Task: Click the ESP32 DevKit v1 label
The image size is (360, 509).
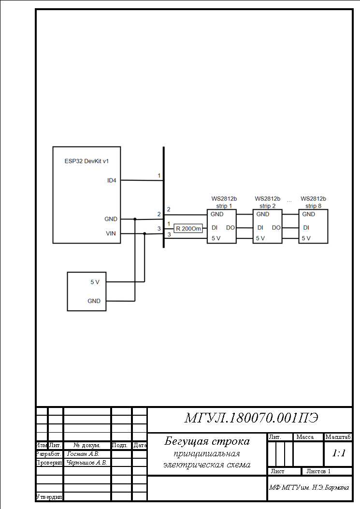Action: pos(86,161)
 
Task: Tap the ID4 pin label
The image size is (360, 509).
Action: pos(112,180)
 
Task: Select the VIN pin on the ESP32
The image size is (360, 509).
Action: pos(111,233)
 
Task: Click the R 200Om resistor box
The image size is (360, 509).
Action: pos(188,229)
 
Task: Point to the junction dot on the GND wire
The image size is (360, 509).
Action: pos(135,219)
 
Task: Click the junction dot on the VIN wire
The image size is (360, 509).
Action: pos(145,233)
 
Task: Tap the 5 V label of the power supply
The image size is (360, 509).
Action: pos(95,282)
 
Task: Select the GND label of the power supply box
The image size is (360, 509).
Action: pos(94,301)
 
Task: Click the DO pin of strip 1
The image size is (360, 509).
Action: pos(230,228)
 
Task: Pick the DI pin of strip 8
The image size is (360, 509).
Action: pos(306,228)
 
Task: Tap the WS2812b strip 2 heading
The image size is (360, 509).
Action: pos(268,202)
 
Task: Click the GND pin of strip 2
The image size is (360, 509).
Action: pos(262,214)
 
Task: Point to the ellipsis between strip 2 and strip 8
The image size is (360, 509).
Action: pos(289,202)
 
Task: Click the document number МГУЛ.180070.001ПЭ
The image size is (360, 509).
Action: pos(251,418)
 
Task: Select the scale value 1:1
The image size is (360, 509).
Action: pos(339,453)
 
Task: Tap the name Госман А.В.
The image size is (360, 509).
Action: pos(83,454)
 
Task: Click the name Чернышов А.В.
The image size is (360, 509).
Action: pos(86,463)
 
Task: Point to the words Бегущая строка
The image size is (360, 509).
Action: pos(207,441)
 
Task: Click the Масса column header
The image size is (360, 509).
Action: pos(305,437)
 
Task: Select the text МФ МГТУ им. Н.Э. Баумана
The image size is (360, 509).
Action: pos(309,488)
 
